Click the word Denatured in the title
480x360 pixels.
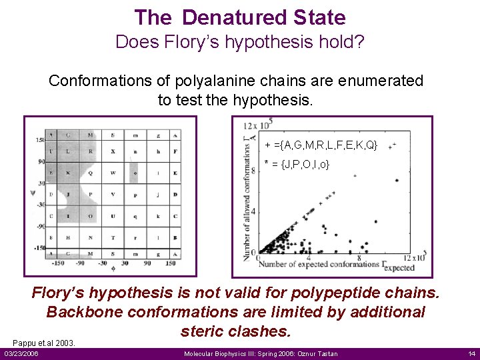(x=230, y=17)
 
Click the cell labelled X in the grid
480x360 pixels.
(x=113, y=151)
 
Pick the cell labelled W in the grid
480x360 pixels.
(x=113, y=173)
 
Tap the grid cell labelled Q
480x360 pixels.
(x=91, y=173)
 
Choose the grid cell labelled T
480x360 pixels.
(x=113, y=238)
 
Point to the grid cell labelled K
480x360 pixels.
(x=69, y=173)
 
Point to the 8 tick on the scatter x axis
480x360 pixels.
(x=359, y=257)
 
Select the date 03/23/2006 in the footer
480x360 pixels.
(x=21, y=353)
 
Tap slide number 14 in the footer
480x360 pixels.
(x=471, y=353)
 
